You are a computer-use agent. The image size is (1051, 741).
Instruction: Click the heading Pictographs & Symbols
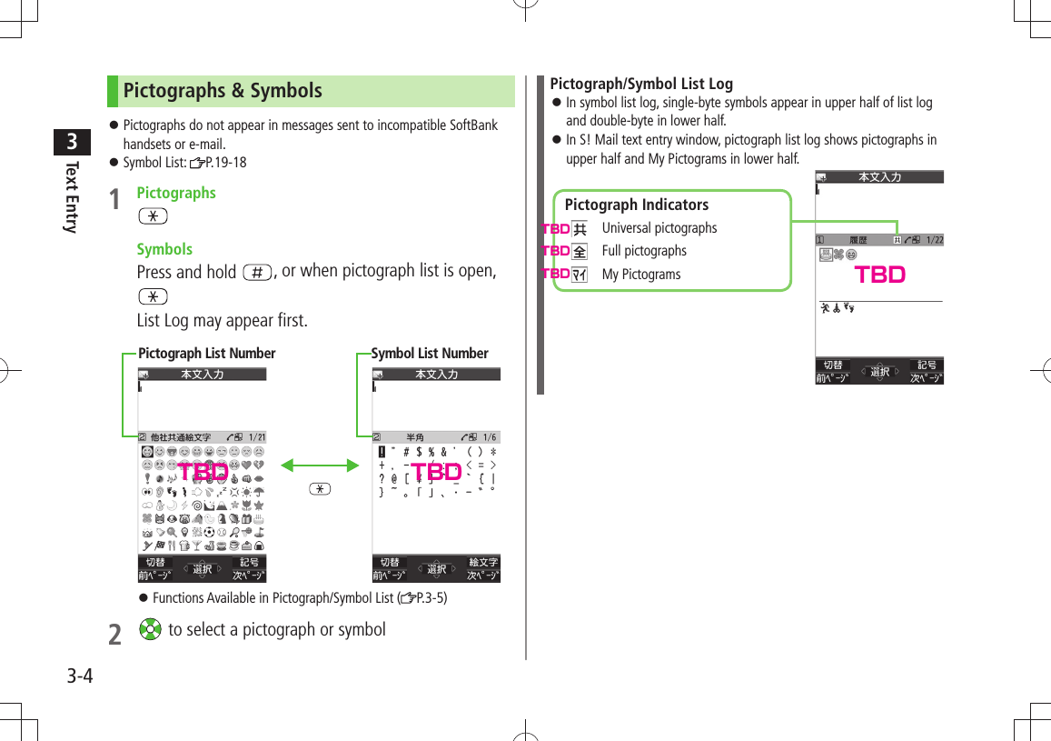click(223, 91)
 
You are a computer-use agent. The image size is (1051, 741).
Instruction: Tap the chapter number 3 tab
click(71, 143)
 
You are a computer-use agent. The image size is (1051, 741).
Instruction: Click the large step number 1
click(114, 199)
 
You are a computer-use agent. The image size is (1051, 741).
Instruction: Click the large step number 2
click(114, 634)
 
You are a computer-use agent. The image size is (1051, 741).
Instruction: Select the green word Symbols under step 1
click(164, 249)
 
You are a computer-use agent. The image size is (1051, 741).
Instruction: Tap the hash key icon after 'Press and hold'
click(257, 273)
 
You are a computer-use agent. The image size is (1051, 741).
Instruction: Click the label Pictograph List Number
click(206, 354)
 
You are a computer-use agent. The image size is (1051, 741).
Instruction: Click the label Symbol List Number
click(430, 354)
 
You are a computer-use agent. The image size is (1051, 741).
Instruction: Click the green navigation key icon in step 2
click(151, 630)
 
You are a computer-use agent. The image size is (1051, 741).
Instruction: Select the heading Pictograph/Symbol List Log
click(641, 84)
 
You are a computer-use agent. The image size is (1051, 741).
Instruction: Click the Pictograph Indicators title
click(636, 205)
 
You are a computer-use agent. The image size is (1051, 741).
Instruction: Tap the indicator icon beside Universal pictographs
click(580, 229)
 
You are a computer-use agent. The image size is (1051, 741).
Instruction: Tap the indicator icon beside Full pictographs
click(580, 252)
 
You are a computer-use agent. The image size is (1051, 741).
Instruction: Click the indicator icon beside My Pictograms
click(580, 275)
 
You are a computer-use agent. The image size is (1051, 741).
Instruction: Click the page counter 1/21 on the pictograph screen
click(256, 437)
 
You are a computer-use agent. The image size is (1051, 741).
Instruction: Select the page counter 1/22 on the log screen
click(934, 240)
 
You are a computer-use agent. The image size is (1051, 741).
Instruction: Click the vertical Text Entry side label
click(71, 197)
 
